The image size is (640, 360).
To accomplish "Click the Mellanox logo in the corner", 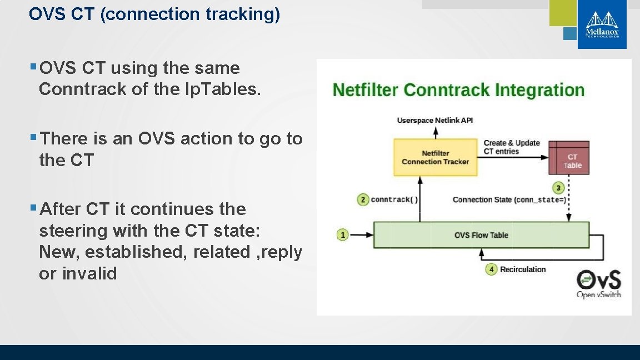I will click(x=602, y=25).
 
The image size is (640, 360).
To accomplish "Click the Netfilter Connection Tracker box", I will click(x=435, y=157).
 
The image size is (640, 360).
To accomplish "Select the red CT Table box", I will click(x=569, y=157).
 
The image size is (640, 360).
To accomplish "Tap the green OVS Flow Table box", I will click(x=481, y=235).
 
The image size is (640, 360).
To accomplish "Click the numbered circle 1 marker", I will click(x=343, y=235).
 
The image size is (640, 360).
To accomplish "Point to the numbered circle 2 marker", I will click(x=363, y=199).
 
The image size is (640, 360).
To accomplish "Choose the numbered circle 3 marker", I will click(x=559, y=188).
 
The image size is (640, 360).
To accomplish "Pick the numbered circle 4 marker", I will click(x=491, y=269).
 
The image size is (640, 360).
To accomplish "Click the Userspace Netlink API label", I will click(x=435, y=121).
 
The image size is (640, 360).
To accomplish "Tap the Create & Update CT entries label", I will click(x=511, y=147).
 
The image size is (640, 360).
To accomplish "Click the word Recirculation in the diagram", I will click(x=523, y=269).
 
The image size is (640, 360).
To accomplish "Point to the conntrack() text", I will click(x=394, y=199).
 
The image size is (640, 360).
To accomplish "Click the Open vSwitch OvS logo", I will click(x=598, y=283).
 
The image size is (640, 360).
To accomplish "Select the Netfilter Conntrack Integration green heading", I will click(x=458, y=90).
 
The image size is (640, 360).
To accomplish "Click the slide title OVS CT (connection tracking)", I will click(x=154, y=14).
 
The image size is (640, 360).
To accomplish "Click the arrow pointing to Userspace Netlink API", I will click(x=436, y=132).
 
